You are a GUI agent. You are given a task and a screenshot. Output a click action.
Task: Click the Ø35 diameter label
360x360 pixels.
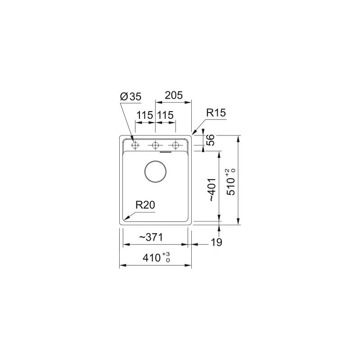130,97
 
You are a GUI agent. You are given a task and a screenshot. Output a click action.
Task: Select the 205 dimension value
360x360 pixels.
174,95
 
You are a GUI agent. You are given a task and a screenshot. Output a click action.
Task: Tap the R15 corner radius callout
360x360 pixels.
216,113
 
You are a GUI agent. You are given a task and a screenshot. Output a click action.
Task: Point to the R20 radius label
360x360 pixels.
145,205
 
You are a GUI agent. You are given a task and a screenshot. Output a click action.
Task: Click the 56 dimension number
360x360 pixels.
210,140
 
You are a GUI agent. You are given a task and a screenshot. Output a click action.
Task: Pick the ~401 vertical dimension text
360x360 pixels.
211,190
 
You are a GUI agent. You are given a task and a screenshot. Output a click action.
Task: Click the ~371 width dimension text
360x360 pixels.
151,237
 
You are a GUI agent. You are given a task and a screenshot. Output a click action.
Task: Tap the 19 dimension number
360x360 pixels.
216,242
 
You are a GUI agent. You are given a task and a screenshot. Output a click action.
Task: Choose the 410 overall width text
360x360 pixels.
152,258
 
